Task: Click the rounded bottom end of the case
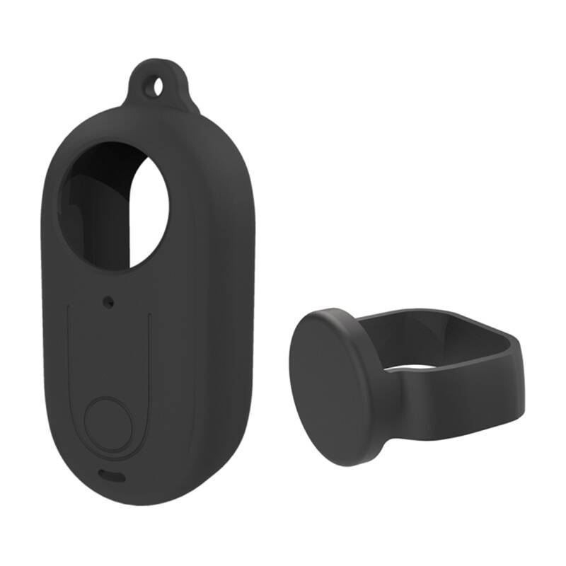tap(113, 495)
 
